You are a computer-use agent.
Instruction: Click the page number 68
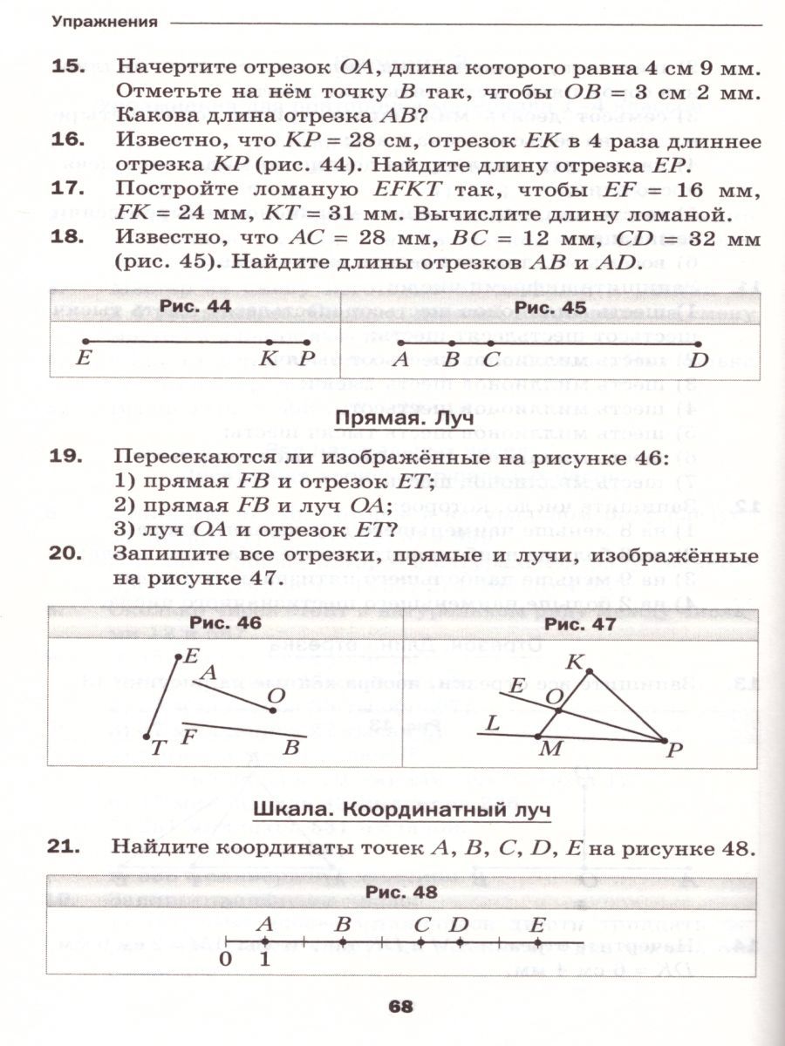[400, 1006]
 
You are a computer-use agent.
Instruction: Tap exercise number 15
[65, 67]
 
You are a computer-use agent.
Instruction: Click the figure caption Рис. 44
[195, 307]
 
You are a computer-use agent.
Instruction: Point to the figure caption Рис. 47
[580, 624]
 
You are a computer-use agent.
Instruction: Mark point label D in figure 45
[698, 358]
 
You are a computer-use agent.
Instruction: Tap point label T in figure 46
[158, 748]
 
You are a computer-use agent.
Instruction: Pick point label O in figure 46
[276, 695]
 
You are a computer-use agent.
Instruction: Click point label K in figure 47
[575, 663]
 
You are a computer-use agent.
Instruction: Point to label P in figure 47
[672, 750]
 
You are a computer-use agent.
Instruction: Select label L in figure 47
[493, 722]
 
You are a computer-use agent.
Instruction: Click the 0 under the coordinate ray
[225, 959]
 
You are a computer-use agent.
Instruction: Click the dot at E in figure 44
[84, 341]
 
